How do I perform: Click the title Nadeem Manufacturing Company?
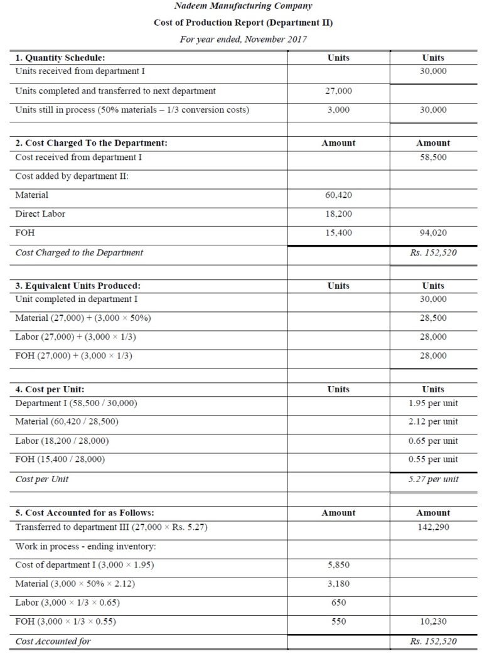pyautogui.click(x=242, y=6)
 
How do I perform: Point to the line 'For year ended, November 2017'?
pyautogui.click(x=242, y=40)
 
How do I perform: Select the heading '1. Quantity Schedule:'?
pyautogui.click(x=60, y=58)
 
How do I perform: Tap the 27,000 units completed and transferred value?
pyautogui.click(x=338, y=91)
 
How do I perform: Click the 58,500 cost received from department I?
pyautogui.click(x=433, y=157)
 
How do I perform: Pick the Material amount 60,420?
pyautogui.click(x=338, y=195)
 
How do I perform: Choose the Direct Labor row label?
pyautogui.click(x=40, y=214)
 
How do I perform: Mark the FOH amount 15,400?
pyautogui.click(x=338, y=233)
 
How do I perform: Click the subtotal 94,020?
pyautogui.click(x=433, y=233)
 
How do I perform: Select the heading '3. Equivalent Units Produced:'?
pyautogui.click(x=78, y=286)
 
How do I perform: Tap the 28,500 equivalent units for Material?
pyautogui.click(x=433, y=318)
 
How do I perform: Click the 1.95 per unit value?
pyautogui.click(x=433, y=403)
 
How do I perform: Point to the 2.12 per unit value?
pyautogui.click(x=433, y=422)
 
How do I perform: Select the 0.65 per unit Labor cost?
pyautogui.click(x=433, y=441)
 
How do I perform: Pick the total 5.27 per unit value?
pyautogui.click(x=433, y=479)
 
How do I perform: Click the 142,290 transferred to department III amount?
pyautogui.click(x=433, y=527)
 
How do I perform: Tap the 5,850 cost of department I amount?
pyautogui.click(x=338, y=565)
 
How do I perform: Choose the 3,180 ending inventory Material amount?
pyautogui.click(x=338, y=584)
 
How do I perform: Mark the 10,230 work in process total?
pyautogui.click(x=433, y=621)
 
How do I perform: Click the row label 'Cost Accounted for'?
pyautogui.click(x=53, y=641)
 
